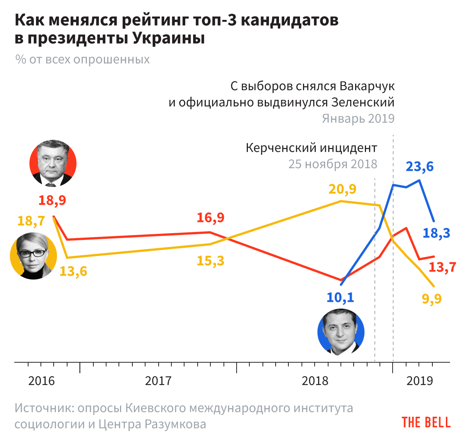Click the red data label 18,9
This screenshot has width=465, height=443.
click(52, 200)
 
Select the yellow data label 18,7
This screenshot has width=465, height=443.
click(31, 221)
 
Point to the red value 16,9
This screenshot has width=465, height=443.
click(210, 217)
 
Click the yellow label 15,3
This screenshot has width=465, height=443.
click(210, 260)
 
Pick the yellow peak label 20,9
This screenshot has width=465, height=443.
click(342, 189)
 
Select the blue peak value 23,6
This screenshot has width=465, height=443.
click(420, 166)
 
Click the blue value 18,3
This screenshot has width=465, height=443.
click(436, 233)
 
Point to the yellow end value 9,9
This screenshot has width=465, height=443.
click(432, 299)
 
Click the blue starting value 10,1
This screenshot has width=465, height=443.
click(340, 298)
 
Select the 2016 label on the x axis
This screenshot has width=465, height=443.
click(41, 381)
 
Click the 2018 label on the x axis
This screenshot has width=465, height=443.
click(315, 381)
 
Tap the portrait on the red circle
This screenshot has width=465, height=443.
click(53, 163)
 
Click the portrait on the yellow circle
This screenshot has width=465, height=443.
click(33, 256)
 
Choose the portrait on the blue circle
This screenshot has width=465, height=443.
click(341, 332)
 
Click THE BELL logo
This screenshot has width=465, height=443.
click(426, 422)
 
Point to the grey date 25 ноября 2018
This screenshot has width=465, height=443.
click(333, 164)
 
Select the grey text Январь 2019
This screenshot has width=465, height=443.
click(358, 119)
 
